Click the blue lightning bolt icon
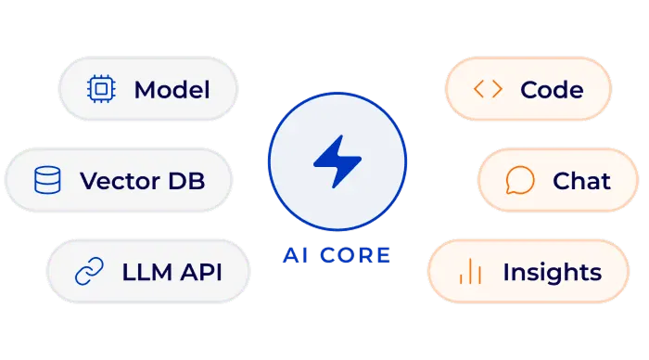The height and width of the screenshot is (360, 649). (337, 161)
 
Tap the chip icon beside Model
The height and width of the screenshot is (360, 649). (101, 89)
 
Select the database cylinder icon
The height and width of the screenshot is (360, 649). (47, 180)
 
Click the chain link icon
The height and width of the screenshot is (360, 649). (89, 271)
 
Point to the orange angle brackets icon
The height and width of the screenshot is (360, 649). (488, 89)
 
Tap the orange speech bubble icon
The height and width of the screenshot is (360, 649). (520, 180)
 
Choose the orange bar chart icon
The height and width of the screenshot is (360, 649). (471, 271)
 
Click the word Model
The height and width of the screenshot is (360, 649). (172, 90)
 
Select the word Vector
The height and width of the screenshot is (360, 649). (120, 181)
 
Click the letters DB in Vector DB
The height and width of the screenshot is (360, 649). (186, 181)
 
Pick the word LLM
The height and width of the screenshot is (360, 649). (146, 272)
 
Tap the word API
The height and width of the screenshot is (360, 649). (201, 272)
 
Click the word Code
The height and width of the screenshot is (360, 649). (553, 90)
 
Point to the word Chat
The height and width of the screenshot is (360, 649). (581, 181)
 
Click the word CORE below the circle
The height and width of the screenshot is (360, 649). (355, 255)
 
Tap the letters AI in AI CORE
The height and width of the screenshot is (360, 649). (296, 255)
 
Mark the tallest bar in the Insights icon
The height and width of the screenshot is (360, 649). (471, 271)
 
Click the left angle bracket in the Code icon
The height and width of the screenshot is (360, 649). (479, 89)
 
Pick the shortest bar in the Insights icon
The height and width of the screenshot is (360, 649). (461, 278)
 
